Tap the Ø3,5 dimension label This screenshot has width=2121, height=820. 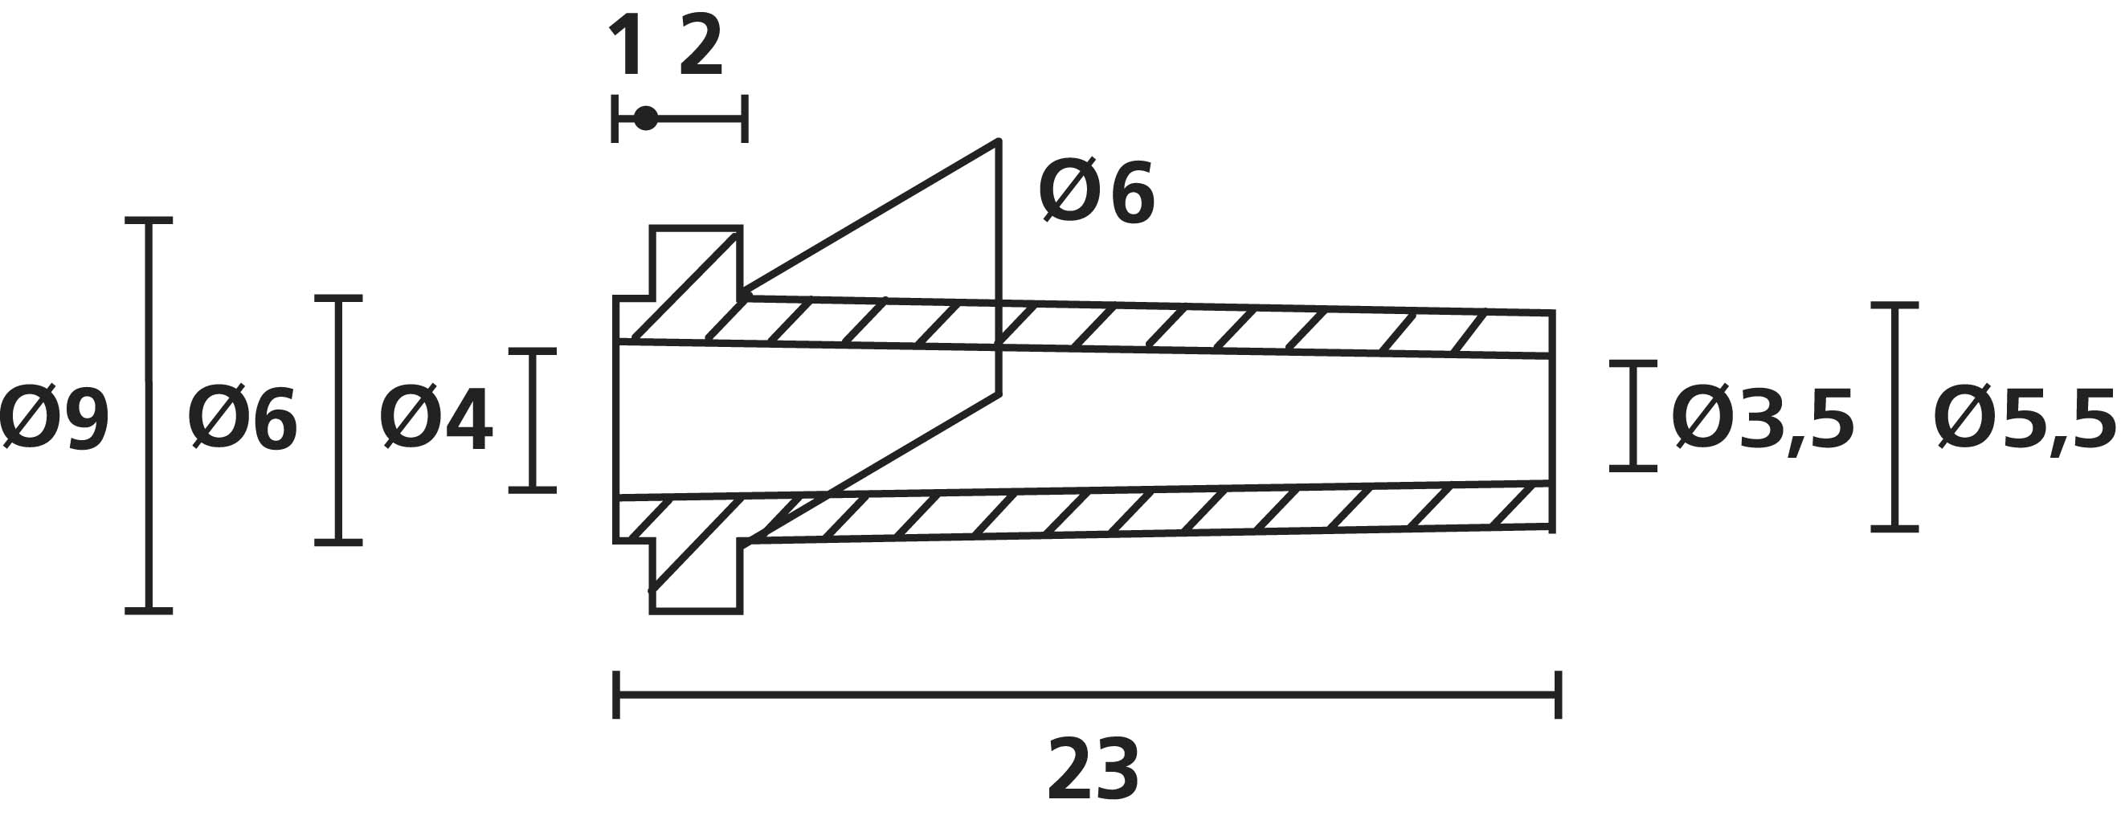coord(1763,420)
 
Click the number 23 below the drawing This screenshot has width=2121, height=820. coord(1093,769)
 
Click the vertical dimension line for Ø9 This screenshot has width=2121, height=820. coord(149,416)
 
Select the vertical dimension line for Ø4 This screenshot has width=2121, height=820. coord(532,420)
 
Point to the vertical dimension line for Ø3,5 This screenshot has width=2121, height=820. coord(1633,415)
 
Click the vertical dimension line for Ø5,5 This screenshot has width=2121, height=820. coord(1894,417)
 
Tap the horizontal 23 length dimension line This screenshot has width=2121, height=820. coord(1088,695)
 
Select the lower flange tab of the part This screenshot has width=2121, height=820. coord(697,577)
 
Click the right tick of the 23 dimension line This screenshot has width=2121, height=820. coord(1558,695)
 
